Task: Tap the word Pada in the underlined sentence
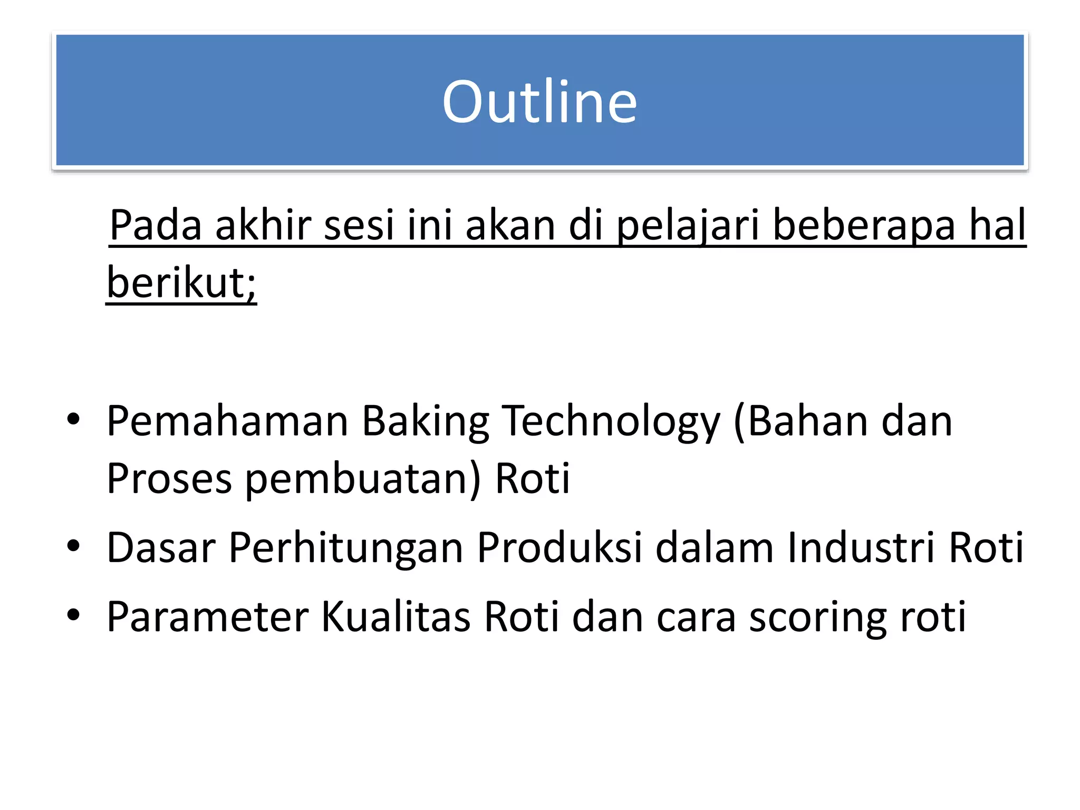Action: tap(156, 225)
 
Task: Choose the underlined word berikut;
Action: tap(181, 283)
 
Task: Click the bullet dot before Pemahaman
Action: tap(73, 420)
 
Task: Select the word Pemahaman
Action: tap(227, 421)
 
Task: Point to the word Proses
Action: tap(169, 479)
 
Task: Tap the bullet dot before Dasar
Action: tap(73, 546)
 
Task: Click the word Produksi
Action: tap(560, 547)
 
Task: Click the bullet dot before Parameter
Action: tap(73, 615)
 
